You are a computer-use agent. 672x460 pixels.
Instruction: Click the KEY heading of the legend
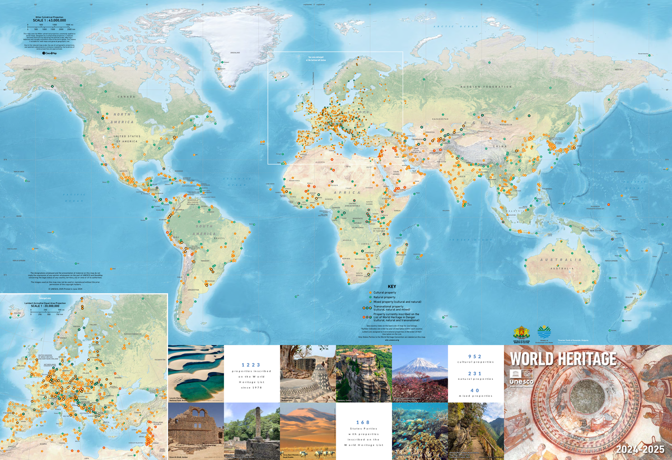point(391,286)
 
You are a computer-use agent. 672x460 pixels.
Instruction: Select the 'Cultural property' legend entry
point(386,292)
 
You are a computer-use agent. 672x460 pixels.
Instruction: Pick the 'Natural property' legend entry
point(386,297)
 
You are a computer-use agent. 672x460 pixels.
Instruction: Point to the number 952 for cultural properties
point(475,356)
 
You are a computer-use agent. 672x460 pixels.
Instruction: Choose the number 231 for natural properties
point(475,371)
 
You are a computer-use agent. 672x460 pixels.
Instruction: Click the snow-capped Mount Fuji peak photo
point(419,372)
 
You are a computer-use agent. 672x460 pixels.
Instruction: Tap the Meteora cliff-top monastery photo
point(363,373)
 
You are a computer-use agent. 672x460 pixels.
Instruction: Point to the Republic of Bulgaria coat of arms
point(520,332)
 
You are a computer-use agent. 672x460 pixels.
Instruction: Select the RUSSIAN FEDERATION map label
point(486,87)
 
